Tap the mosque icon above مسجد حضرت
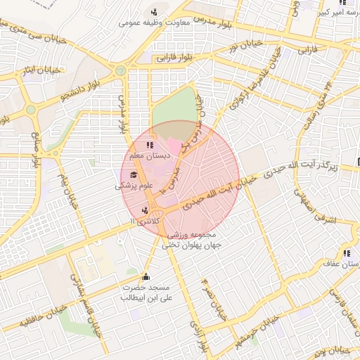tap(146, 276)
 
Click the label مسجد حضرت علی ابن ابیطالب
tap(146, 293)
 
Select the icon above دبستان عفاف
tap(346, 252)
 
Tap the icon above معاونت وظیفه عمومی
tap(154, 11)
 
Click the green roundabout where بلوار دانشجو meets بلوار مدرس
tap(121, 71)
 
